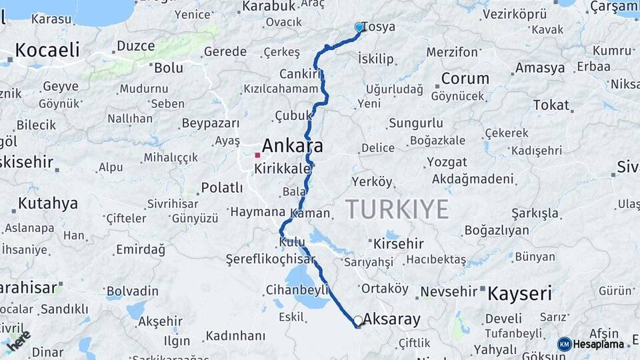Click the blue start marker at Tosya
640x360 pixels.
tap(359, 27)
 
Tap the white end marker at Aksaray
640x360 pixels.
tap(358, 321)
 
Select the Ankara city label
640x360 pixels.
tap(292, 145)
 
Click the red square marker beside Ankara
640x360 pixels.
tap(257, 155)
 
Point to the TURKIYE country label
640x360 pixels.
tap(397, 209)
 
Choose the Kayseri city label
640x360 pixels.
tap(519, 293)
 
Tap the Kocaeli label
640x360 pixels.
tap(47, 49)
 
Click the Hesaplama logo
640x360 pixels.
tap(592, 344)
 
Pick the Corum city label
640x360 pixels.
tap(465, 78)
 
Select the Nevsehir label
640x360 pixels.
tap(449, 291)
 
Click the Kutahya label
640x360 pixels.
tap(48, 203)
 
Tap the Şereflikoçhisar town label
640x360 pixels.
tap(270, 259)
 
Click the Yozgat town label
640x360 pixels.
tap(447, 162)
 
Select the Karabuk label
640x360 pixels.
tap(269, 6)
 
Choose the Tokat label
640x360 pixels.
tap(551, 105)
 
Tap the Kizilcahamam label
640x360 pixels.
tap(281, 89)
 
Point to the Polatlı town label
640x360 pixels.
tap(222, 187)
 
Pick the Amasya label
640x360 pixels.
tap(539, 68)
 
